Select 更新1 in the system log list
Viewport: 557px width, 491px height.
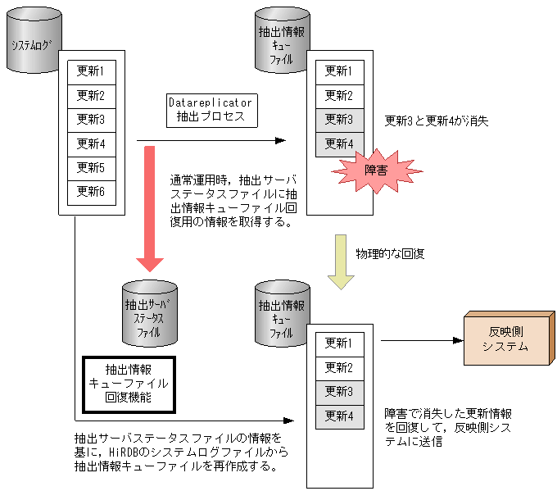pyautogui.click(x=91, y=71)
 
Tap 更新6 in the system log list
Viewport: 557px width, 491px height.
pyautogui.click(x=91, y=192)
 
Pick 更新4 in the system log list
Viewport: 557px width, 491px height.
pyautogui.click(x=91, y=143)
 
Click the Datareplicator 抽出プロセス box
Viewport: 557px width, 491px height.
pyautogui.click(x=210, y=110)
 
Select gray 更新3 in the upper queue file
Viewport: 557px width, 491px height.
pyautogui.click(x=338, y=120)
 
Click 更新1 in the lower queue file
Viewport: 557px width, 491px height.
pyautogui.click(x=338, y=343)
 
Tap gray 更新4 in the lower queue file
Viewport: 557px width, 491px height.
pyautogui.click(x=338, y=416)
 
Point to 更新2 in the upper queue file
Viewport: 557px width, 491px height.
pyautogui.click(x=338, y=96)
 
